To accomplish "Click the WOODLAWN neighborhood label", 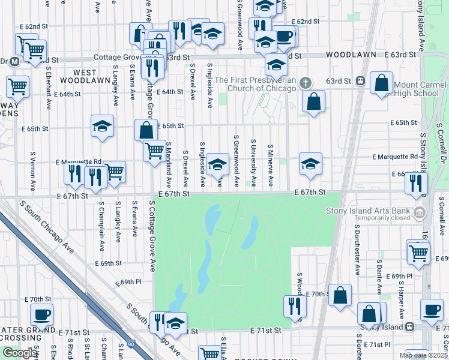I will point(351,55).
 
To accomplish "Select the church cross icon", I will point(306,82).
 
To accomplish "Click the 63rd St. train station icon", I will point(361,81).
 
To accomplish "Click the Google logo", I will point(19,353).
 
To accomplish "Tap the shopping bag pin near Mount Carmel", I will point(382,83).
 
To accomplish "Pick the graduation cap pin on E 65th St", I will point(103,127).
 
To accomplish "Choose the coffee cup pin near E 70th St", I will point(42,314).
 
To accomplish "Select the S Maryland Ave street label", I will point(169,164).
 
